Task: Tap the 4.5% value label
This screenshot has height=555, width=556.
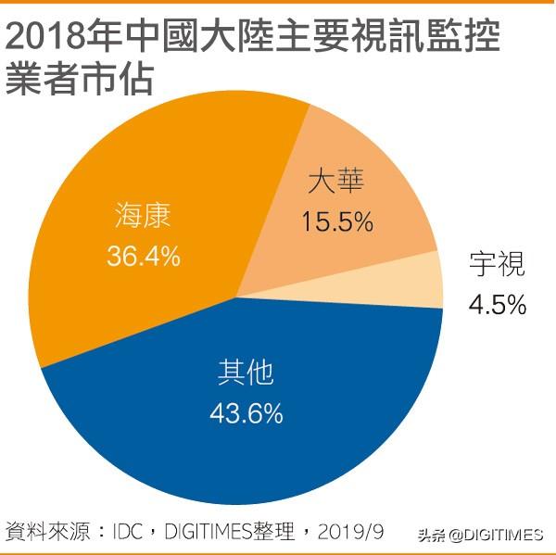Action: point(498,303)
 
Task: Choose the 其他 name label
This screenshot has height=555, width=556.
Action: point(246,372)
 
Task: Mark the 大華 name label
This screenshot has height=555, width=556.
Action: point(336,182)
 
